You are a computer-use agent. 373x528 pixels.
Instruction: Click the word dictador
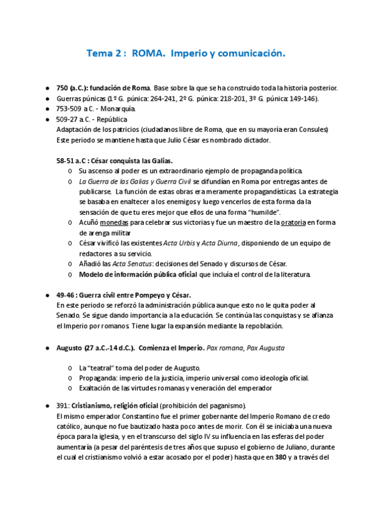(253, 140)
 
